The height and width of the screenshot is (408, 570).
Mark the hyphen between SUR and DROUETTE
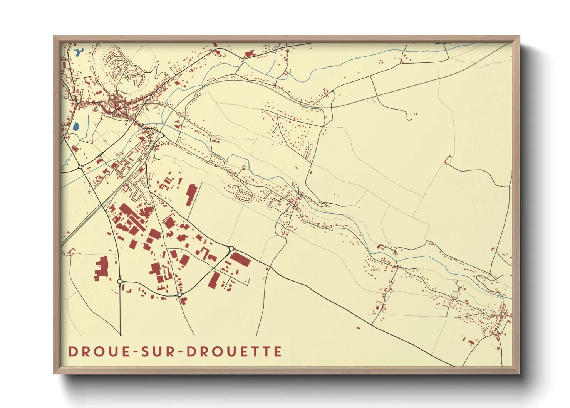pyautogui.click(x=181, y=352)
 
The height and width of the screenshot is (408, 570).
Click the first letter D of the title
pyautogui.click(x=72, y=351)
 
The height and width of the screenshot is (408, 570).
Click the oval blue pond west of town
pyautogui.click(x=76, y=126)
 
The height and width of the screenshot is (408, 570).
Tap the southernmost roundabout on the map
pyautogui.click(x=179, y=295)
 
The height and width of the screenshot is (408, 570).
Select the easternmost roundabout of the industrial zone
pyautogui.click(x=231, y=249)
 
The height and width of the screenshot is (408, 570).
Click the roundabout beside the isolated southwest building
pyautogui.click(x=120, y=282)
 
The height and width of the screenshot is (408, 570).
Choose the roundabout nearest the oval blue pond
pyautogui.click(x=81, y=167)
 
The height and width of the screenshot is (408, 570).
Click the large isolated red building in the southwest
pyautogui.click(x=102, y=268)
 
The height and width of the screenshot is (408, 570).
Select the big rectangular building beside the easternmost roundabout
pyautogui.click(x=241, y=259)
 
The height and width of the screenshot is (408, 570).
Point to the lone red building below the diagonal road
pyautogui.click(x=358, y=328)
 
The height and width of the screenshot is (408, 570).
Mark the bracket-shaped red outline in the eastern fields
pyautogui.click(x=448, y=159)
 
